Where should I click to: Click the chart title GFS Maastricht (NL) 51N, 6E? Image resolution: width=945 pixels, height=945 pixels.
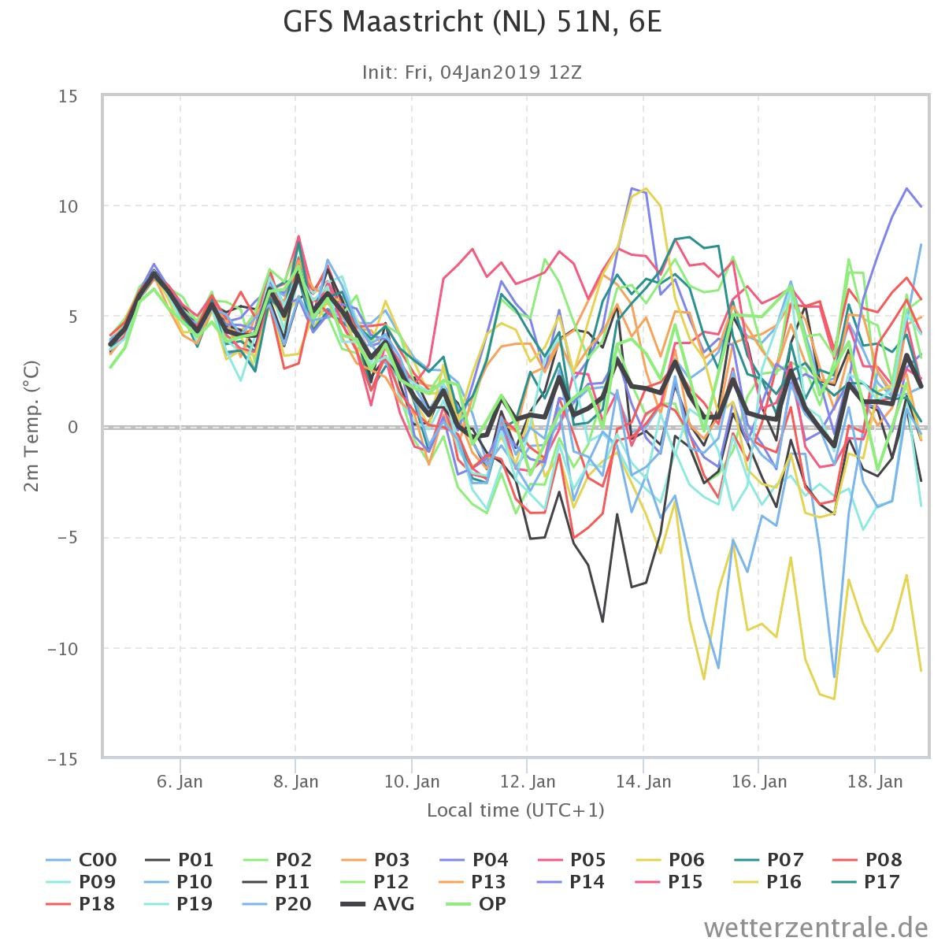472,22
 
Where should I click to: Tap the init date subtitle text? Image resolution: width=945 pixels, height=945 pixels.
472,72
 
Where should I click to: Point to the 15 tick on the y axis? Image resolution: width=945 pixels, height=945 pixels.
69,97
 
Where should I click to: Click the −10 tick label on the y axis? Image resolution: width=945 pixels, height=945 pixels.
63,649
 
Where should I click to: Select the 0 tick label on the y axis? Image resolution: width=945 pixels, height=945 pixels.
73,427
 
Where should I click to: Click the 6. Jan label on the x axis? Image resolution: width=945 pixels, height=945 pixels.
180,781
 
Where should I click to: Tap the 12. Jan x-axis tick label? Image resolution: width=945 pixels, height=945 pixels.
527,781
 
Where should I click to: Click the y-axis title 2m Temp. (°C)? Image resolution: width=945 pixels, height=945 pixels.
31,426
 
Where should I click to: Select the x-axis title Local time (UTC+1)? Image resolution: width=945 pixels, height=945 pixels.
515,810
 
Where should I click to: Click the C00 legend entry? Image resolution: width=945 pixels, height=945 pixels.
81,860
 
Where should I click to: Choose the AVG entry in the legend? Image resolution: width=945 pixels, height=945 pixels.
378,903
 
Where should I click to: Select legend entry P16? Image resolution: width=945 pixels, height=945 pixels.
768,882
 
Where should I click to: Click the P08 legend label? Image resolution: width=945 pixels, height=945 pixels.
868,860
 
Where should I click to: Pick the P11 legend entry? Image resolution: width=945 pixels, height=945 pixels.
276,882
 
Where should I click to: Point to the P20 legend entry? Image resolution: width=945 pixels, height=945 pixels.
277,903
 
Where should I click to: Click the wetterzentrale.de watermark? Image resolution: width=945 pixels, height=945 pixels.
816,928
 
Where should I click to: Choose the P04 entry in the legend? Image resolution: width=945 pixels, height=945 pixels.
474,860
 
